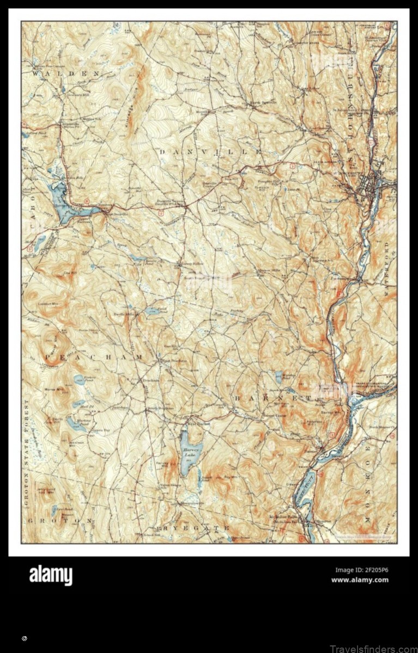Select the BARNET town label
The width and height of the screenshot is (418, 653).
click(272, 399)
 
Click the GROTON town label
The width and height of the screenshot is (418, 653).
click(60, 520)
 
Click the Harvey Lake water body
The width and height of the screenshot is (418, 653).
click(191, 452)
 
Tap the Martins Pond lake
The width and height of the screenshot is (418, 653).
click(76, 423)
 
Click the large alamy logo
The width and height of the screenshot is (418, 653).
click(51, 575)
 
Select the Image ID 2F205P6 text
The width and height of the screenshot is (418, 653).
click(361, 570)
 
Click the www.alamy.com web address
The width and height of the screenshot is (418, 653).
click(360, 580)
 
